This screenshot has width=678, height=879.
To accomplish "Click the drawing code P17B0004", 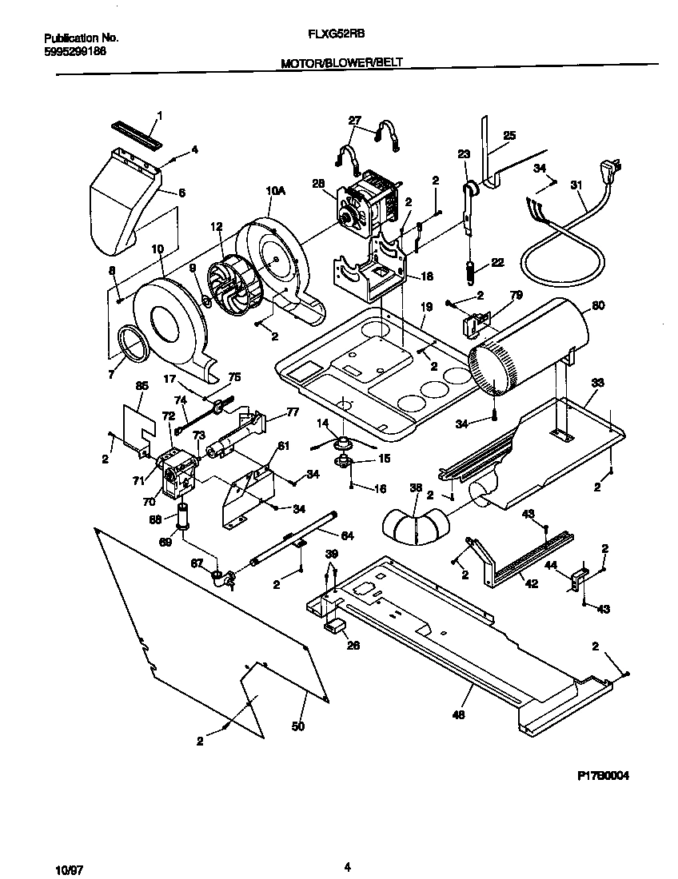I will (x=609, y=775).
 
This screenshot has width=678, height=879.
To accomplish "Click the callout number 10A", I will (x=274, y=190).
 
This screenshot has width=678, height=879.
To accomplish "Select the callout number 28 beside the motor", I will (x=318, y=184).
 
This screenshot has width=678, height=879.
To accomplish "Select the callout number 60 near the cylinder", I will (x=599, y=305).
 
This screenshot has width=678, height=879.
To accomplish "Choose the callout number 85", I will (x=142, y=386).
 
